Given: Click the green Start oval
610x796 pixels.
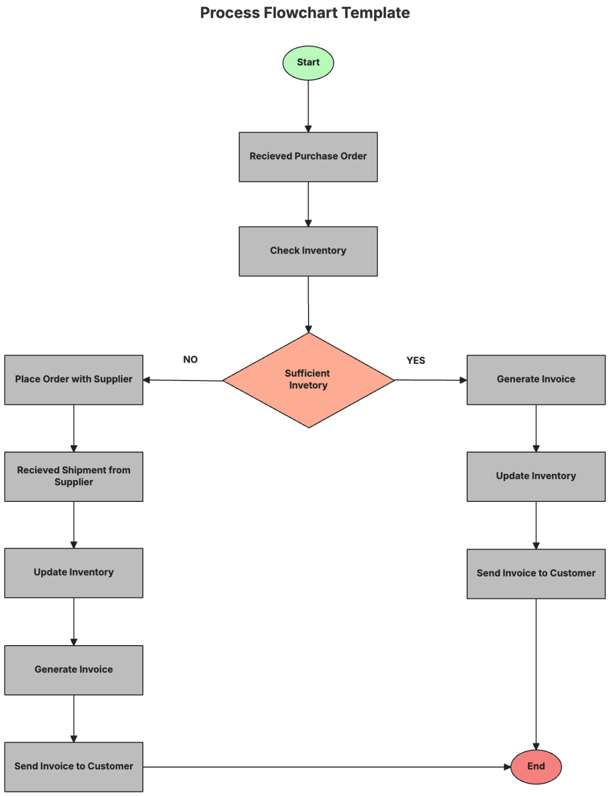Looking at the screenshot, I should point(308,63).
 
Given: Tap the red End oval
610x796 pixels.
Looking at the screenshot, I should point(536,767).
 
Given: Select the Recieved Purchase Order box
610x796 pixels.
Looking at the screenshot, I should point(308,157).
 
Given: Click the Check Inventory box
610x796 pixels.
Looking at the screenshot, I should point(308,251).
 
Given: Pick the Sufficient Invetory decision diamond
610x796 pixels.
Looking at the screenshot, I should point(308,380).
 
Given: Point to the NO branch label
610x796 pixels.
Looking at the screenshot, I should point(190,360).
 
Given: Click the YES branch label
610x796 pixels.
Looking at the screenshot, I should point(415,361).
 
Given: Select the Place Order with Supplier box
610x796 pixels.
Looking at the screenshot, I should point(74,379).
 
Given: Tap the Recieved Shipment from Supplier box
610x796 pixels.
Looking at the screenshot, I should point(74,476).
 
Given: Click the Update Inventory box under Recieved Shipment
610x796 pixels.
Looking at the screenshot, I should point(74,572).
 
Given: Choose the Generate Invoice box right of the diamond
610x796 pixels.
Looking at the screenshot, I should point(536,379).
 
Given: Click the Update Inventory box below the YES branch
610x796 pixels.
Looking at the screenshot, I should point(536,476).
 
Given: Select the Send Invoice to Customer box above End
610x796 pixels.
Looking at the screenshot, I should point(536,574).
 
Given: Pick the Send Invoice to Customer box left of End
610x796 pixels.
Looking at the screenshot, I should point(74,767).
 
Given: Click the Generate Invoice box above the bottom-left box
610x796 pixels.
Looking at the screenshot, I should point(74,670).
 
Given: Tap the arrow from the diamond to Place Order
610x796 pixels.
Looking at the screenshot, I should point(183,380).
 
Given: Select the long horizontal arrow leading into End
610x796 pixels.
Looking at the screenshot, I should point(325,767).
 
